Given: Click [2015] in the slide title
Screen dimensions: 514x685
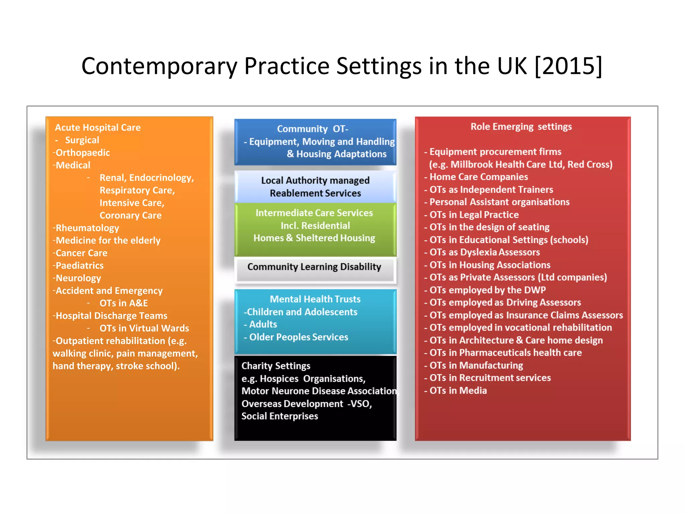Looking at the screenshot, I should (568, 66).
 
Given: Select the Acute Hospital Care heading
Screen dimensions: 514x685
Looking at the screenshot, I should (98, 127).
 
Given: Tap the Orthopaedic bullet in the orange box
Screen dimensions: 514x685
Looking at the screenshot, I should (83, 153).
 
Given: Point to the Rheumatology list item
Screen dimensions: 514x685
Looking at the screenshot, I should (87, 228).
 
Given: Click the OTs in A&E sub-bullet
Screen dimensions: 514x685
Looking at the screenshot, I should (123, 303).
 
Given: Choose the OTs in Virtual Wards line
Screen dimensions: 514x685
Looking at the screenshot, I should (144, 328).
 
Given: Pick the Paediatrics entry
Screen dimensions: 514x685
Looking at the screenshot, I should (80, 266).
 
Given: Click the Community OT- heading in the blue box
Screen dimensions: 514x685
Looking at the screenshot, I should (312, 129).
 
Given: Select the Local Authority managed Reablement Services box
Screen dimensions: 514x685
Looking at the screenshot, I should (315, 187).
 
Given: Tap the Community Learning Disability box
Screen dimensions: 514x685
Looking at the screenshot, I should (314, 267).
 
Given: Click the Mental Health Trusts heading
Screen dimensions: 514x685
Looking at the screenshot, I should (315, 299).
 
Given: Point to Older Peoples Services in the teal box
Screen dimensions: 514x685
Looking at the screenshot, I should (299, 337).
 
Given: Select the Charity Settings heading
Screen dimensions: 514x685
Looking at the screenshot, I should (276, 366).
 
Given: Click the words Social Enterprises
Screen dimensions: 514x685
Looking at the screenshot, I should (280, 416).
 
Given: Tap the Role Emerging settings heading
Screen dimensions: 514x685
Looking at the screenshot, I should (521, 127).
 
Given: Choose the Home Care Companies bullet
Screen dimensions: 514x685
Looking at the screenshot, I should (478, 177).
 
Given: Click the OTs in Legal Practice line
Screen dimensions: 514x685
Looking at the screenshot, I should (474, 215).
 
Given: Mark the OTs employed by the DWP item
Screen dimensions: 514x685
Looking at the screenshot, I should (487, 290).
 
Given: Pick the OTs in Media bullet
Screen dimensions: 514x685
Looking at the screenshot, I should (458, 391).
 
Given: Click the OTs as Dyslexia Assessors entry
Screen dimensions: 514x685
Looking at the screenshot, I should (484, 252).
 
